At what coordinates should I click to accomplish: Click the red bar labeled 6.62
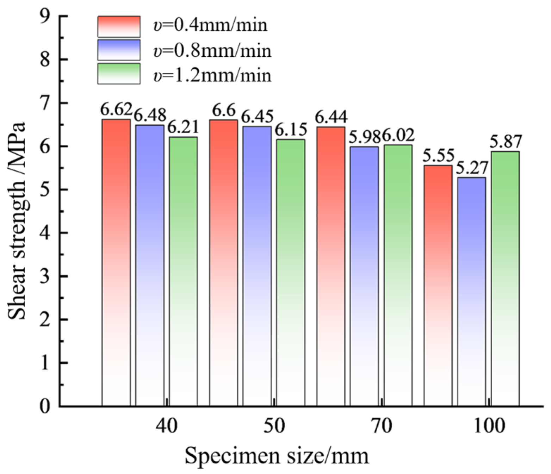click(x=116, y=262)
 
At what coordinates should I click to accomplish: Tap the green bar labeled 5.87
click(x=505, y=279)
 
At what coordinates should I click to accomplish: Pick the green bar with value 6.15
click(x=291, y=273)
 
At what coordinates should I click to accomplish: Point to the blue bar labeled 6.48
click(x=150, y=266)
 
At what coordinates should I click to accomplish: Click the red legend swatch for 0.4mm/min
click(x=119, y=26)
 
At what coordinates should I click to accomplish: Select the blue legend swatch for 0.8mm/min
click(x=119, y=50)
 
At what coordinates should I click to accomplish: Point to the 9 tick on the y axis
click(x=49, y=17)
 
